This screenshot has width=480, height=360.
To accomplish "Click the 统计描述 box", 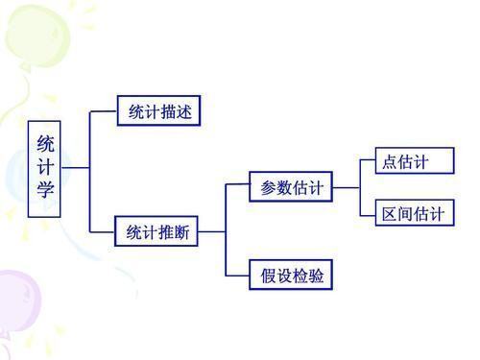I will [x=160, y=111].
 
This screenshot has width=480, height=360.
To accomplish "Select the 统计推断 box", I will [x=157, y=231].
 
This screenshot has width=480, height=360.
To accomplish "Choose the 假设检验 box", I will [x=292, y=276].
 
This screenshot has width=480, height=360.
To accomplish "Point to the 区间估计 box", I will [x=413, y=213].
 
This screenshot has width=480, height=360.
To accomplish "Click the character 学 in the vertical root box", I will [x=45, y=189].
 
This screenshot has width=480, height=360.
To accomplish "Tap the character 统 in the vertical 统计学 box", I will [x=45, y=143].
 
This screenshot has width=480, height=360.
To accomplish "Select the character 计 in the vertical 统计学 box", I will [x=45, y=166].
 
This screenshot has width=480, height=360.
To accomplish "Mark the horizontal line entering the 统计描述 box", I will [x=103, y=111].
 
